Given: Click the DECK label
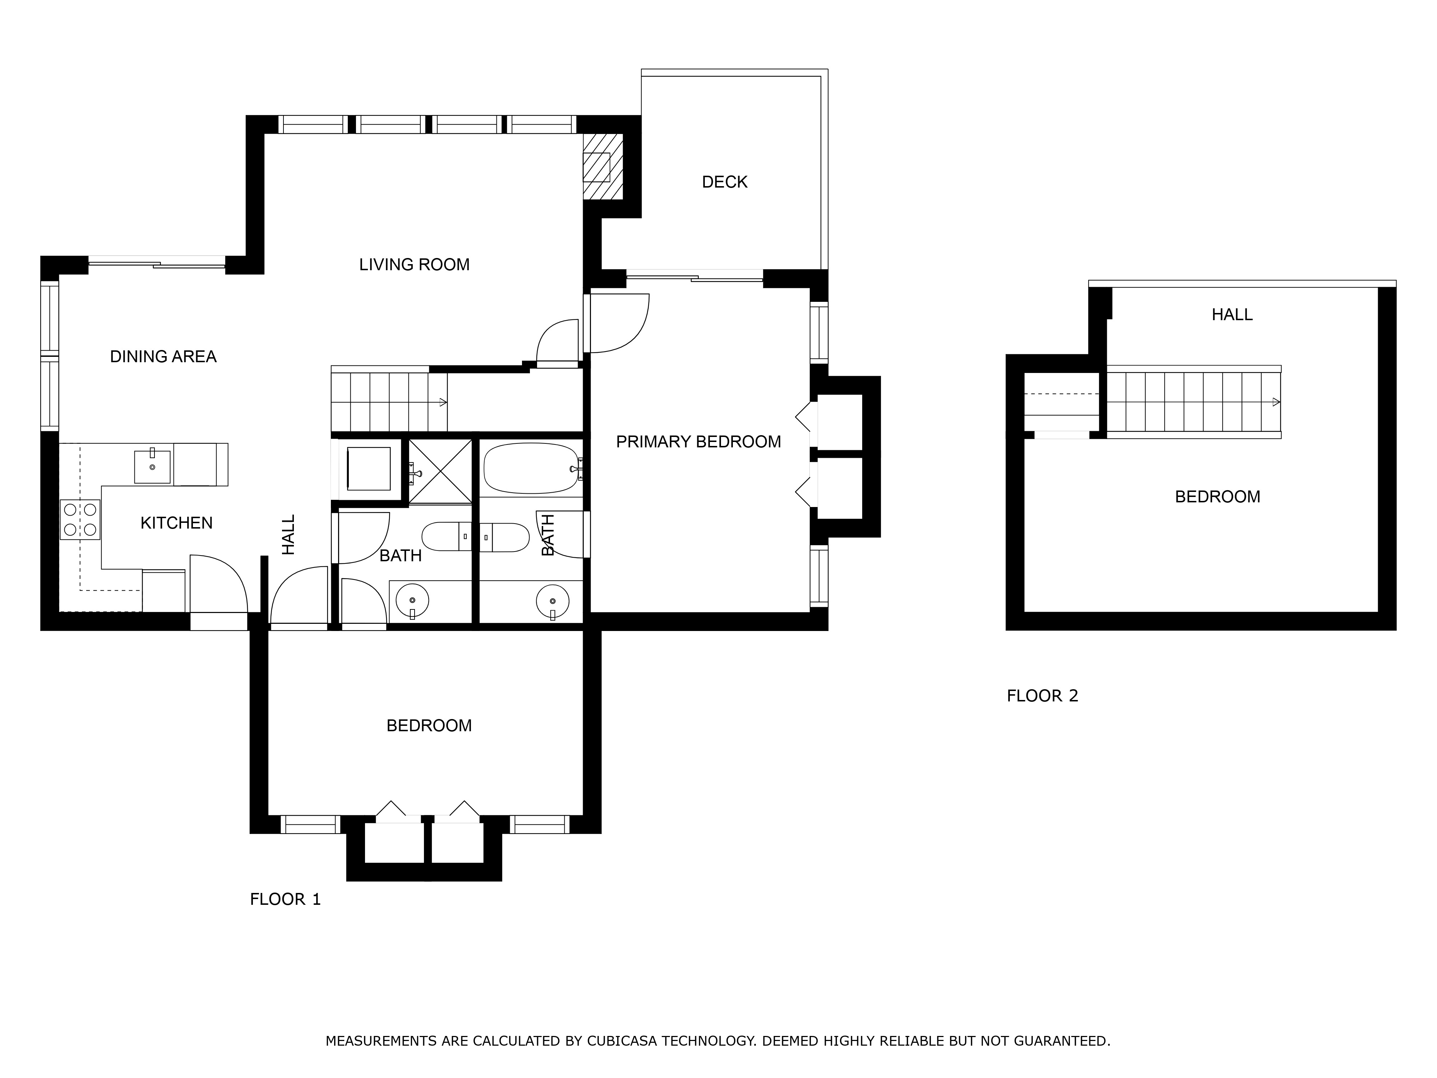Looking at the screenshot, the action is pos(724,182).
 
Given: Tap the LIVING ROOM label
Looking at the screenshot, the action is pos(415,264).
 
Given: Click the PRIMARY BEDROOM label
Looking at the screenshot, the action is pos(698,442).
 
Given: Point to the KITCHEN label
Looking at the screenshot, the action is pos(177,523).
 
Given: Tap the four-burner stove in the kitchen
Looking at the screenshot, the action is pos(80,519).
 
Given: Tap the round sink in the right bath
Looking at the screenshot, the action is pos(552,601).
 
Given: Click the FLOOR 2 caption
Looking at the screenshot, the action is pos(1042,696).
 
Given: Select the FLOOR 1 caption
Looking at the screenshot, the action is pos(285,899).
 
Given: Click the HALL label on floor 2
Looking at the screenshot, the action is pos(1232,314).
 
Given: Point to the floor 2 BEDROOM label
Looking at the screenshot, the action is pos(1217,497).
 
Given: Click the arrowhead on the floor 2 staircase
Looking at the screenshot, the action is pos(1276,402).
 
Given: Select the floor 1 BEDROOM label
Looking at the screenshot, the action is pos(429,726).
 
